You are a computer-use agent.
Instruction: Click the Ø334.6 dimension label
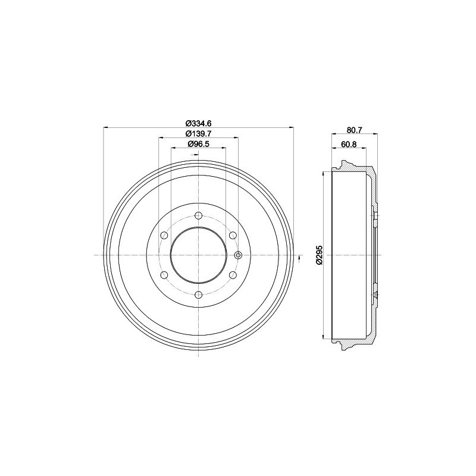[198, 123]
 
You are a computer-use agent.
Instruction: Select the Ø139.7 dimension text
[198, 133]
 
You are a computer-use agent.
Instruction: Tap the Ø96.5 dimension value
[199, 144]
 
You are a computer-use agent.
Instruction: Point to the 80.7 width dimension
[355, 130]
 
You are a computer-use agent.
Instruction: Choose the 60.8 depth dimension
[349, 144]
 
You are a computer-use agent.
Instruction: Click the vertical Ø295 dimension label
[319, 255]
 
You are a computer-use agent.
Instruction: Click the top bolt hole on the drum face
[199, 216]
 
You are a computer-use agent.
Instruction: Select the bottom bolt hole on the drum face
[199, 295]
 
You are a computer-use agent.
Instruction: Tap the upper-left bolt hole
[164, 235]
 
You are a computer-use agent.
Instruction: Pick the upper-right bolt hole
[233, 235]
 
